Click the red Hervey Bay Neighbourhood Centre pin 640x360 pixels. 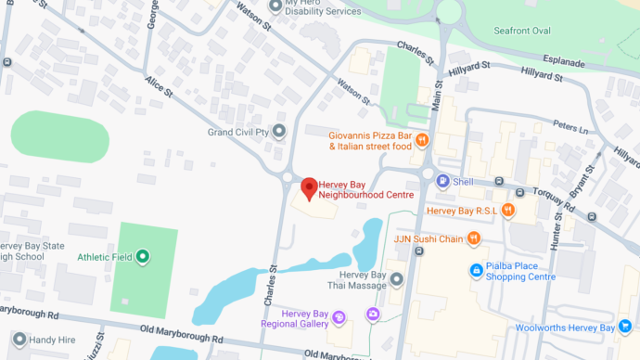[310, 186]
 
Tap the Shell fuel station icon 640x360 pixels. [442, 181]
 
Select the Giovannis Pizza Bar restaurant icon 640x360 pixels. [421, 140]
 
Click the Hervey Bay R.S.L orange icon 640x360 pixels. [508, 211]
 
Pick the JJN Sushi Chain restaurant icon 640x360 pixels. [474, 238]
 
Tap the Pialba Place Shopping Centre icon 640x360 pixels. [477, 271]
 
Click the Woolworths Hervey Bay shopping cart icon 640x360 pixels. [625, 327]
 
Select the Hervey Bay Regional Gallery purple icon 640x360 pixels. [339, 318]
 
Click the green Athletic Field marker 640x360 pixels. [142, 256]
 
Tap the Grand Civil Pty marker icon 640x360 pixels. [277, 131]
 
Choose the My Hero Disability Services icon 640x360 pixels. [275, 6]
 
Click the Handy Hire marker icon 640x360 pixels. [19, 341]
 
